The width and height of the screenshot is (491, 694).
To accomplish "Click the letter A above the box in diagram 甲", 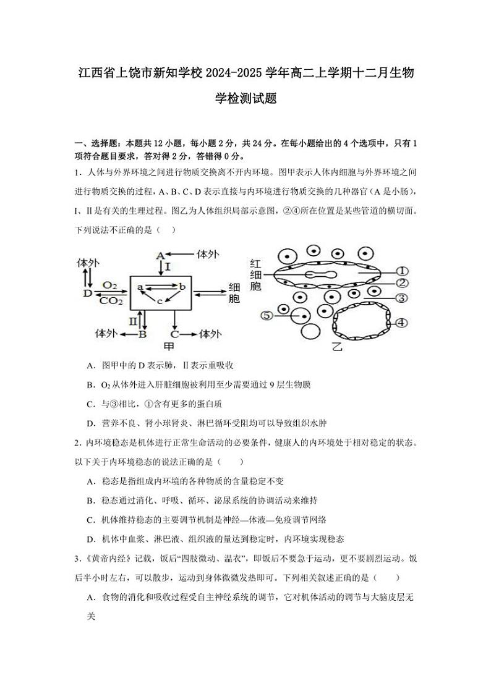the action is (160, 255).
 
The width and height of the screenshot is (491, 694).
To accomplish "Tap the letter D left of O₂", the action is (87, 292).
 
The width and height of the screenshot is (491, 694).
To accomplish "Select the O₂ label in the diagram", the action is (110, 285).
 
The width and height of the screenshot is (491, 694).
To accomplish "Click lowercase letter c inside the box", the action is (159, 301).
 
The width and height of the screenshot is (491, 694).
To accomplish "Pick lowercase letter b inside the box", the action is (182, 287).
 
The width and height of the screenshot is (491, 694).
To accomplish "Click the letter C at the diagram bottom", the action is (175, 334).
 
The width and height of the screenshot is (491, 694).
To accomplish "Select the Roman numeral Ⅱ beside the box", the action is (133, 321).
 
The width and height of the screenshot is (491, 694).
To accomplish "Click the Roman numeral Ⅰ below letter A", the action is (168, 266).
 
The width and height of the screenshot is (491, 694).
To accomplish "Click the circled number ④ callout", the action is (401, 322).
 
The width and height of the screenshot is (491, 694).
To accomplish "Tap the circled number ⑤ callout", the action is (267, 315).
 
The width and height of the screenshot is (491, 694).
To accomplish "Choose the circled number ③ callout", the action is (401, 298).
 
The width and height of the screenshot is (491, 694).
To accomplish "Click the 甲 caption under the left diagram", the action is (168, 346).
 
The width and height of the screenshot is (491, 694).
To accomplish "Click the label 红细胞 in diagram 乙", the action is (257, 274).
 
